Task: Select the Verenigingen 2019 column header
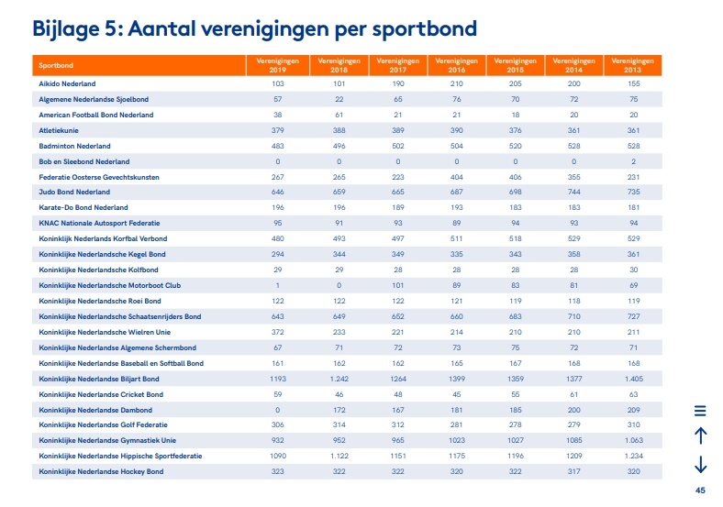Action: point(278,65)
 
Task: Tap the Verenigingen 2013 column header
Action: point(633,65)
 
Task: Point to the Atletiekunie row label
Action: point(59,130)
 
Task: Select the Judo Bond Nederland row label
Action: point(74,192)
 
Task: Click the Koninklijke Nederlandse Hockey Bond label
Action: point(101,471)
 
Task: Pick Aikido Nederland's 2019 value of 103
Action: point(278,83)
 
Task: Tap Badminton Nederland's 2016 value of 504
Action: point(457,146)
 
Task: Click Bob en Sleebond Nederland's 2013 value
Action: point(634,161)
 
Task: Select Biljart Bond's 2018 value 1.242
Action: point(339,379)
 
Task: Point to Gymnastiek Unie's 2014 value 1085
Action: point(574,440)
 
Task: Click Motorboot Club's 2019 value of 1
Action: point(278,285)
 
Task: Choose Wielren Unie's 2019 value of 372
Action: point(278,332)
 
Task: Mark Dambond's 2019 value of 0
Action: point(278,410)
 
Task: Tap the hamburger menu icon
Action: point(700,411)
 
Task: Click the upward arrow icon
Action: point(700,435)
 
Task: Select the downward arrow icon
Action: point(700,464)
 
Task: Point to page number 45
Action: point(700,490)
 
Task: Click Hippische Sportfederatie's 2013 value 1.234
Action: point(634,456)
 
